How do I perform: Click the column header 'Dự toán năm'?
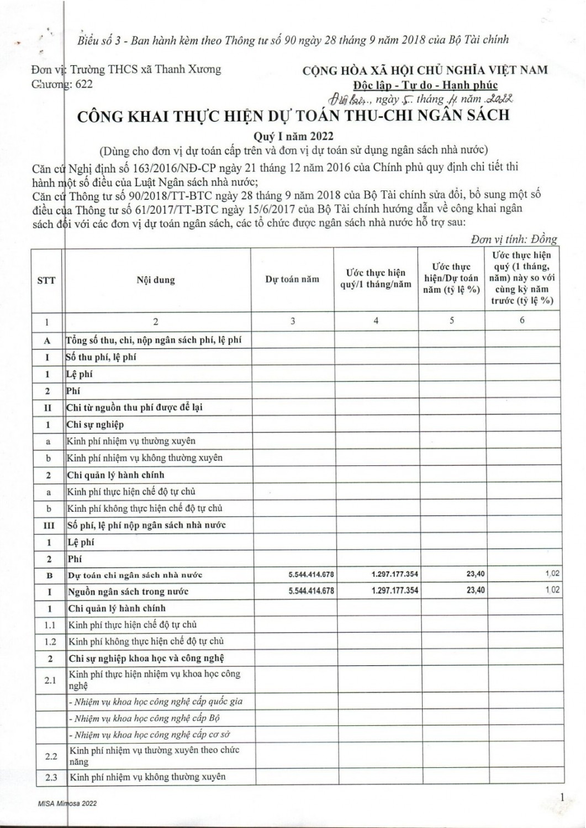click(292, 279)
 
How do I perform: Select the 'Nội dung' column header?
click(156, 280)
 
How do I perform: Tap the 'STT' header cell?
click(46, 280)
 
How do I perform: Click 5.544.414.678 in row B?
click(311, 575)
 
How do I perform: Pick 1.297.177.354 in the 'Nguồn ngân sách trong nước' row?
click(395, 591)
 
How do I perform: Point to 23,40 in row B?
click(476, 575)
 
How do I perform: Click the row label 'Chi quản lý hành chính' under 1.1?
click(117, 608)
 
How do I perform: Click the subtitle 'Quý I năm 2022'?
click(293, 136)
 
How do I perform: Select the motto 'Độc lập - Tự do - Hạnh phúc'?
click(425, 85)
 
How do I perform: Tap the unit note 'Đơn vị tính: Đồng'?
click(514, 239)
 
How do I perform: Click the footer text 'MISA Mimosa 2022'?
click(65, 803)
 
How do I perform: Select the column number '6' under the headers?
click(522, 320)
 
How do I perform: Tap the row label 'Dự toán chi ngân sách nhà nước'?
click(135, 575)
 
